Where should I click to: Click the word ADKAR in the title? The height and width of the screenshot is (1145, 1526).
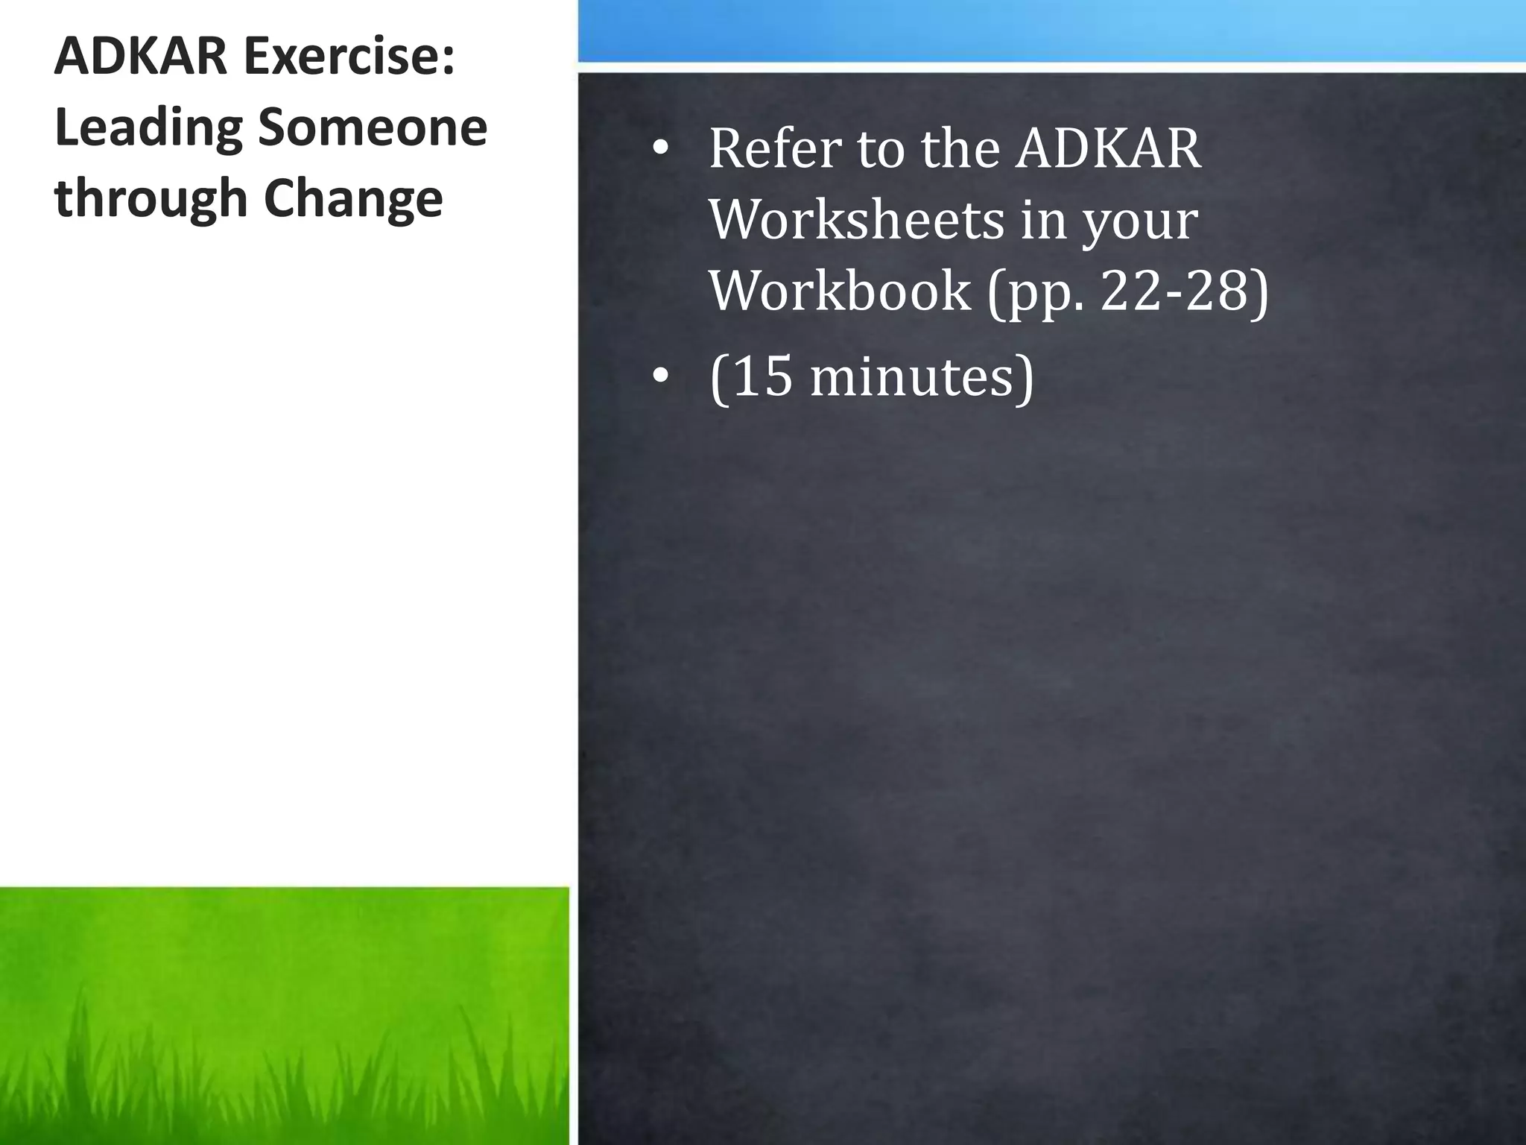pos(140,57)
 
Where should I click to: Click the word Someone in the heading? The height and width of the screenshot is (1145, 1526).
pos(372,127)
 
